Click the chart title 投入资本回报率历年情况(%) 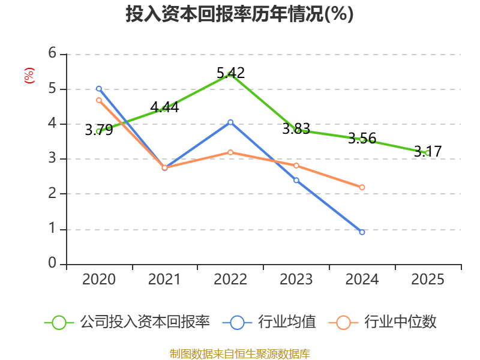click(x=239, y=14)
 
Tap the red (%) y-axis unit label click(x=29, y=76)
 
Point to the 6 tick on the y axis click(x=52, y=53)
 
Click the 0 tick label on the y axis click(x=52, y=263)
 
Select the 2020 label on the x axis click(x=99, y=279)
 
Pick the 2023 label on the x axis click(x=296, y=279)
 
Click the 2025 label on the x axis click(x=428, y=279)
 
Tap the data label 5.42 click(x=230, y=73)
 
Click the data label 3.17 click(x=428, y=151)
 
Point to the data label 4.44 click(x=164, y=107)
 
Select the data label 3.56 click(x=362, y=139)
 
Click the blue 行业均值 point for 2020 click(x=99, y=89)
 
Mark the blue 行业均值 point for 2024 click(x=362, y=232)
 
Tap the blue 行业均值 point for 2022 click(x=230, y=122)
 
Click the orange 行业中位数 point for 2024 click(x=362, y=187)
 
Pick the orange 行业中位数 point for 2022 click(x=230, y=152)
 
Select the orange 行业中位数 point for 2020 click(x=99, y=100)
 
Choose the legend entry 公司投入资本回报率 click(x=127, y=322)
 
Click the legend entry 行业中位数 click(x=382, y=322)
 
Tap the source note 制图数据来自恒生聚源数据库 click(x=239, y=354)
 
